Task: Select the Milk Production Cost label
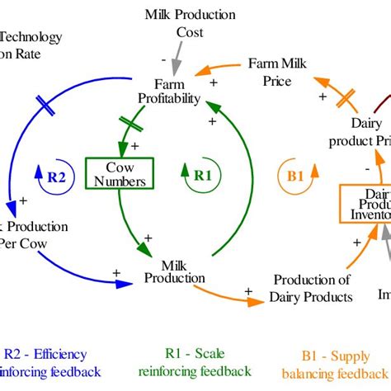(190, 22)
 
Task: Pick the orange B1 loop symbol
(294, 174)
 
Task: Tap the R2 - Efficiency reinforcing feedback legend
(53, 364)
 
